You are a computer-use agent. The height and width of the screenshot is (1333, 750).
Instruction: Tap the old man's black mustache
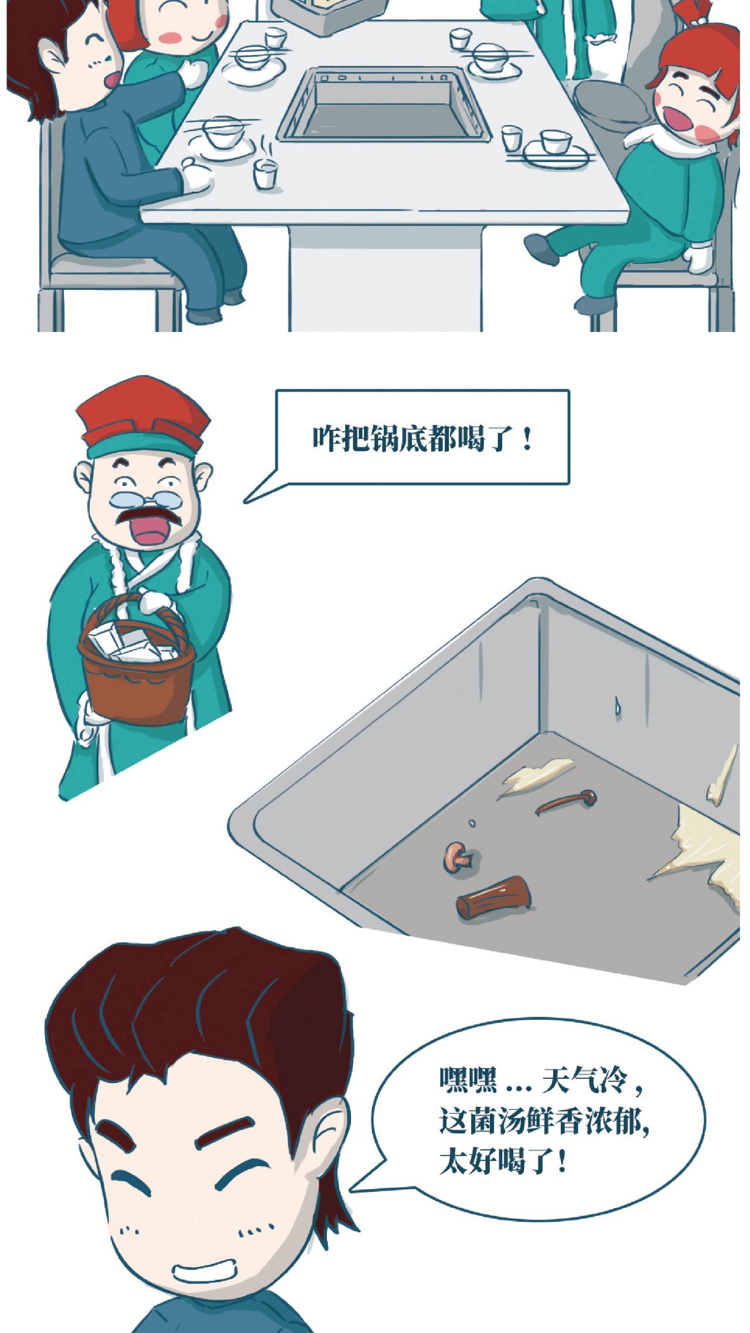click(146, 516)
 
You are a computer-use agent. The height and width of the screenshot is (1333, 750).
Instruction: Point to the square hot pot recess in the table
click(384, 105)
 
